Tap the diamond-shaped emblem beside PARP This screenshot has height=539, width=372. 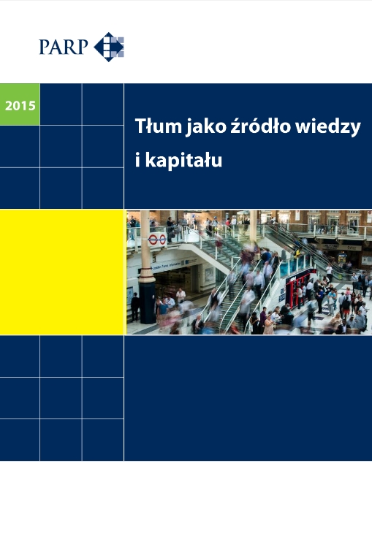point(109,47)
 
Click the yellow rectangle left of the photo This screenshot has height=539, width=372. point(62,272)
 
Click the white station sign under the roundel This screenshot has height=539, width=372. point(175,264)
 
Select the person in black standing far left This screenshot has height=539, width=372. point(134,306)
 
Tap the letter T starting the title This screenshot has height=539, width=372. point(140,126)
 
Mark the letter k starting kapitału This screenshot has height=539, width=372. point(150,160)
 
